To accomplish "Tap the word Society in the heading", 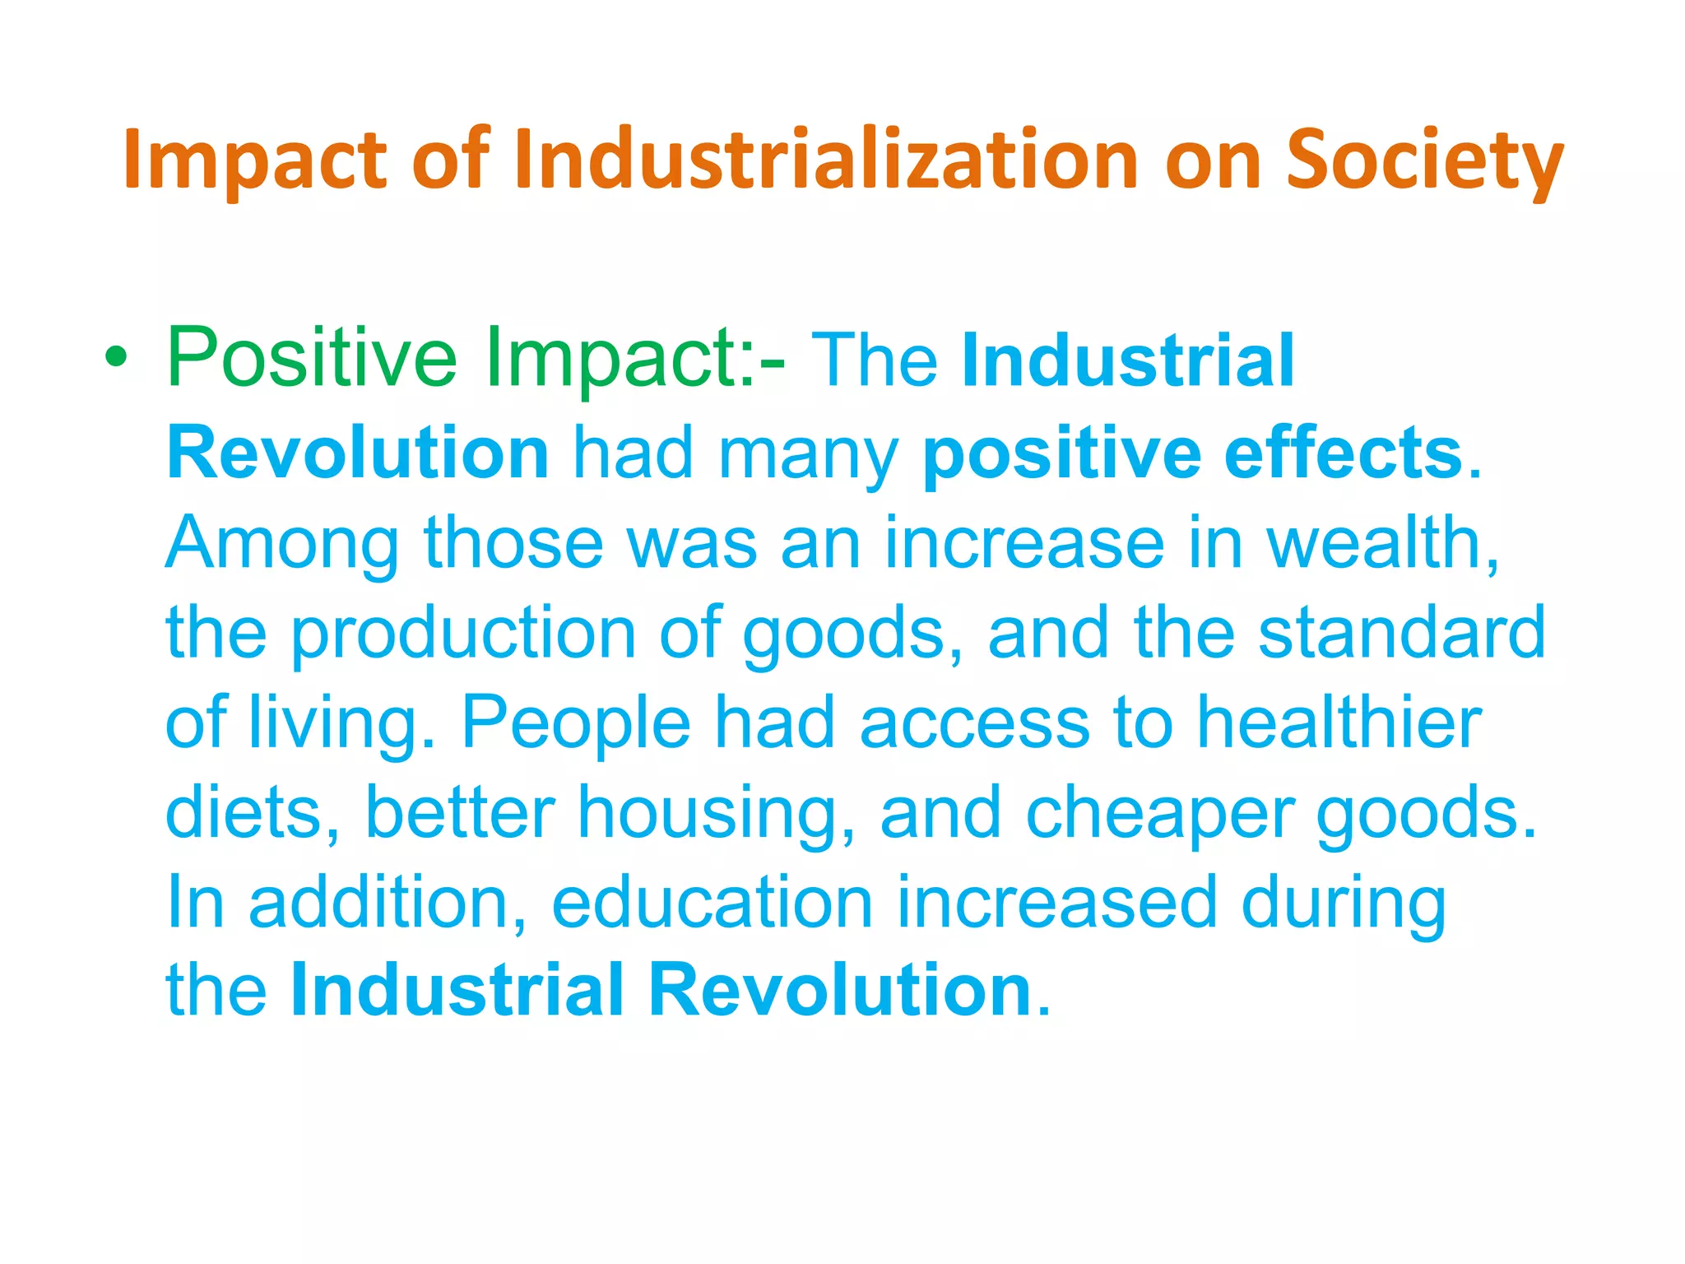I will click(x=1423, y=161).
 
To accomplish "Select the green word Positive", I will click(x=312, y=359).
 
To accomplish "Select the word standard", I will click(x=1402, y=633).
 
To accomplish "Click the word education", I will click(x=712, y=902).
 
